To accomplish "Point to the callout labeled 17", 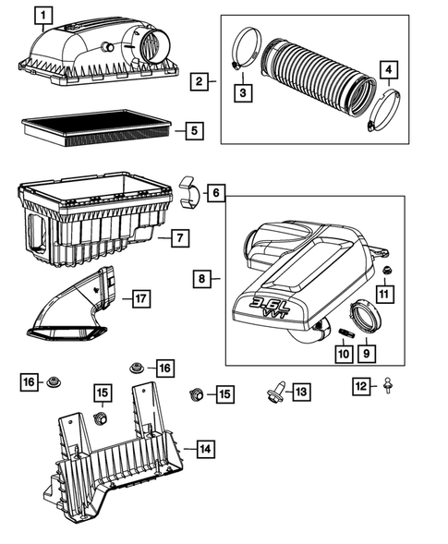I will click(x=138, y=298).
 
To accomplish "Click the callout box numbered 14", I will click(x=205, y=450).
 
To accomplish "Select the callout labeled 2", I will click(x=200, y=82).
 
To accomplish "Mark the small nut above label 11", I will click(x=389, y=269).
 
